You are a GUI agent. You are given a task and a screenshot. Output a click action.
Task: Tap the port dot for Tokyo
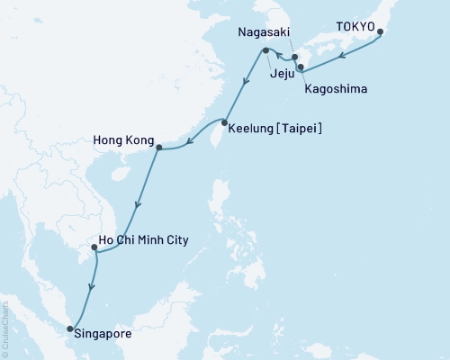pos(381,33)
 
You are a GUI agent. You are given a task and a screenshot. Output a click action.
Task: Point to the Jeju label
pos(282,77)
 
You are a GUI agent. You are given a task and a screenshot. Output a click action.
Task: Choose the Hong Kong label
pos(121,140)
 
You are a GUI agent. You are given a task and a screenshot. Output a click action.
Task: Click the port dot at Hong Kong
pos(157,148)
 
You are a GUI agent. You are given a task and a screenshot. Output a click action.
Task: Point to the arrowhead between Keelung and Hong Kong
pos(187,139)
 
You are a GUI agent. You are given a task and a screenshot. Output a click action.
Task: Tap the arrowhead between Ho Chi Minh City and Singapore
pos(89,287)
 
